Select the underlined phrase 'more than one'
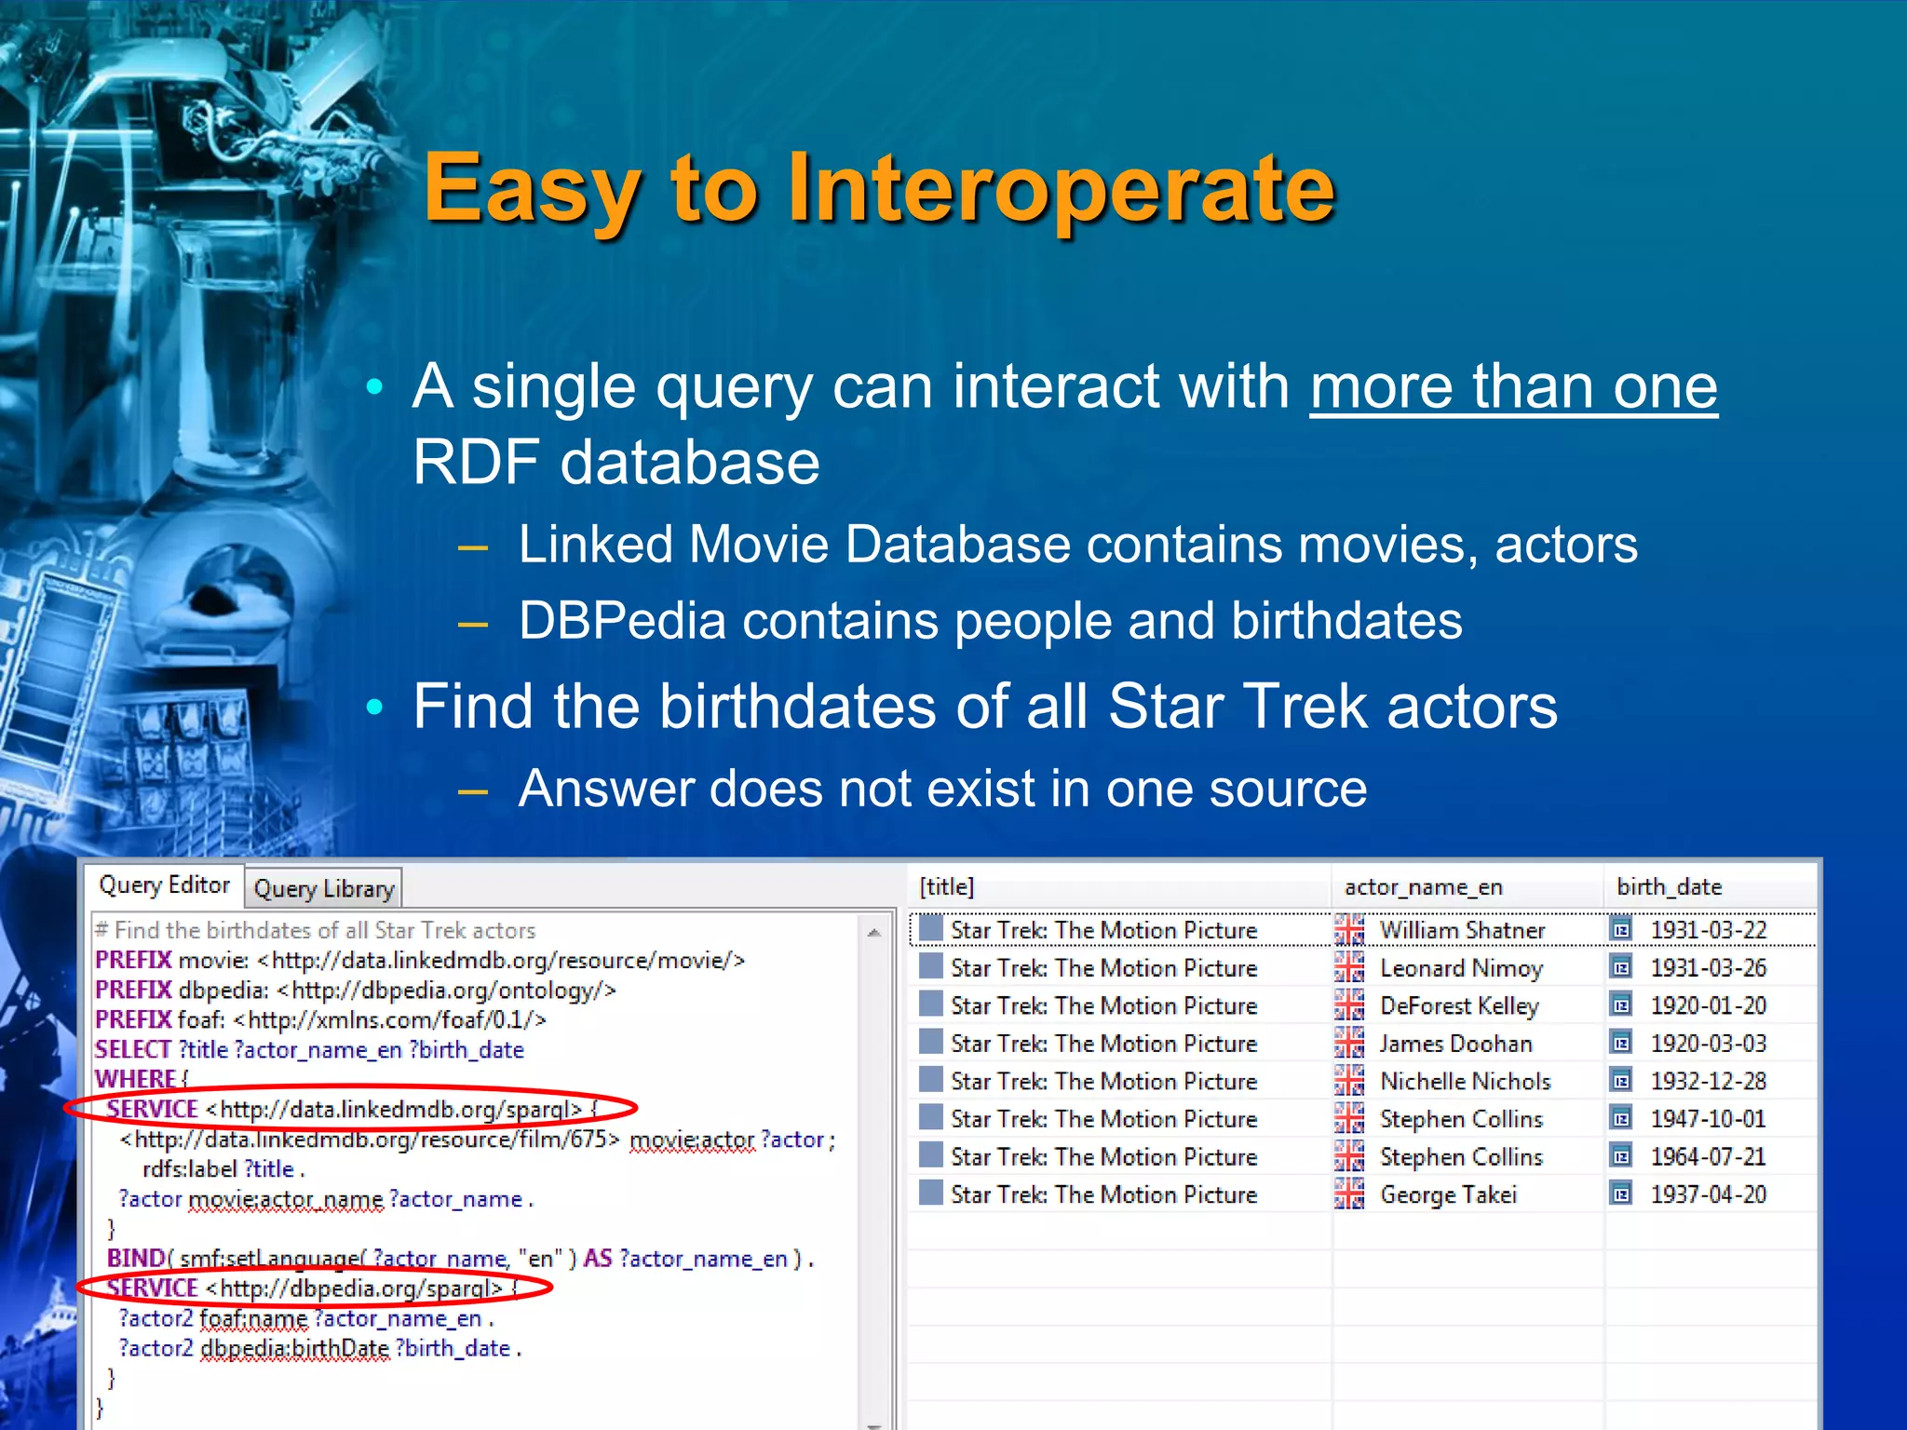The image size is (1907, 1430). pos(1513,386)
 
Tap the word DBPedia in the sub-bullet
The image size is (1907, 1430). pos(621,621)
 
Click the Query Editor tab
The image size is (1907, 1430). pos(164,884)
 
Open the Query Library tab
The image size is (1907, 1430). pos(323,889)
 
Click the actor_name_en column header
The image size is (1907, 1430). pos(1423,887)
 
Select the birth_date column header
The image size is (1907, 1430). pos(1669,887)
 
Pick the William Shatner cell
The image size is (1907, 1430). pos(1462,930)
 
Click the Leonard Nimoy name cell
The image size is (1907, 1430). pos(1461,968)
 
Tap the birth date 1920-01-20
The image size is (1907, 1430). pos(1708,1006)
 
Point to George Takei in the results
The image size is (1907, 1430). pos(1448,1194)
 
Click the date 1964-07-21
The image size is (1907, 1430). pos(1708,1157)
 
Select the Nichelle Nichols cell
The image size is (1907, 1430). pos(1465,1082)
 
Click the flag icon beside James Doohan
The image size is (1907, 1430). pos(1348,1044)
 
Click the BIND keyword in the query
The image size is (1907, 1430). pos(135,1259)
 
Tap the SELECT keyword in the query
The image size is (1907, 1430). pos(132,1050)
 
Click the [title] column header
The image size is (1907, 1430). pos(946,887)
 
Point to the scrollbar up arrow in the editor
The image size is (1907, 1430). pos(873,932)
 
